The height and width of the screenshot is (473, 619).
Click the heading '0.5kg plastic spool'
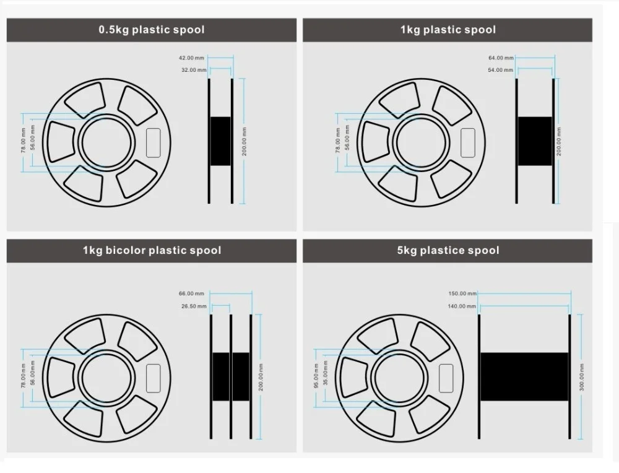click(152, 30)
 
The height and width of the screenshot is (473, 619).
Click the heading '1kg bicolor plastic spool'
click(152, 251)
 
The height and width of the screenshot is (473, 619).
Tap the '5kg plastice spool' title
click(448, 251)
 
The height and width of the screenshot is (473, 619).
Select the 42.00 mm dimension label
click(191, 58)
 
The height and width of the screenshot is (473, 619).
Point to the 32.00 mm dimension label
click(193, 70)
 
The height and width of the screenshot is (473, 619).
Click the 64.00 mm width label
click(501, 58)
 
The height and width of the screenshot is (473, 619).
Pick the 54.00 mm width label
click(501, 70)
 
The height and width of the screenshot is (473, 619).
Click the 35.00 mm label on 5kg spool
click(325, 376)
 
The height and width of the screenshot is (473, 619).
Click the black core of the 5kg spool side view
click(524, 376)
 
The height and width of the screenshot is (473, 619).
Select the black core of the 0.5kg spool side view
click(220, 141)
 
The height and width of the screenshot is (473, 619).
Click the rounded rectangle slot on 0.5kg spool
click(153, 142)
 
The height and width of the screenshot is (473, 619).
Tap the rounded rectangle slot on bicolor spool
click(152, 378)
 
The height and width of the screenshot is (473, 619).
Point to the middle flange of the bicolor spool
click(231, 376)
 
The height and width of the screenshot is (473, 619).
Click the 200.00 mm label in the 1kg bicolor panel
click(261, 376)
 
